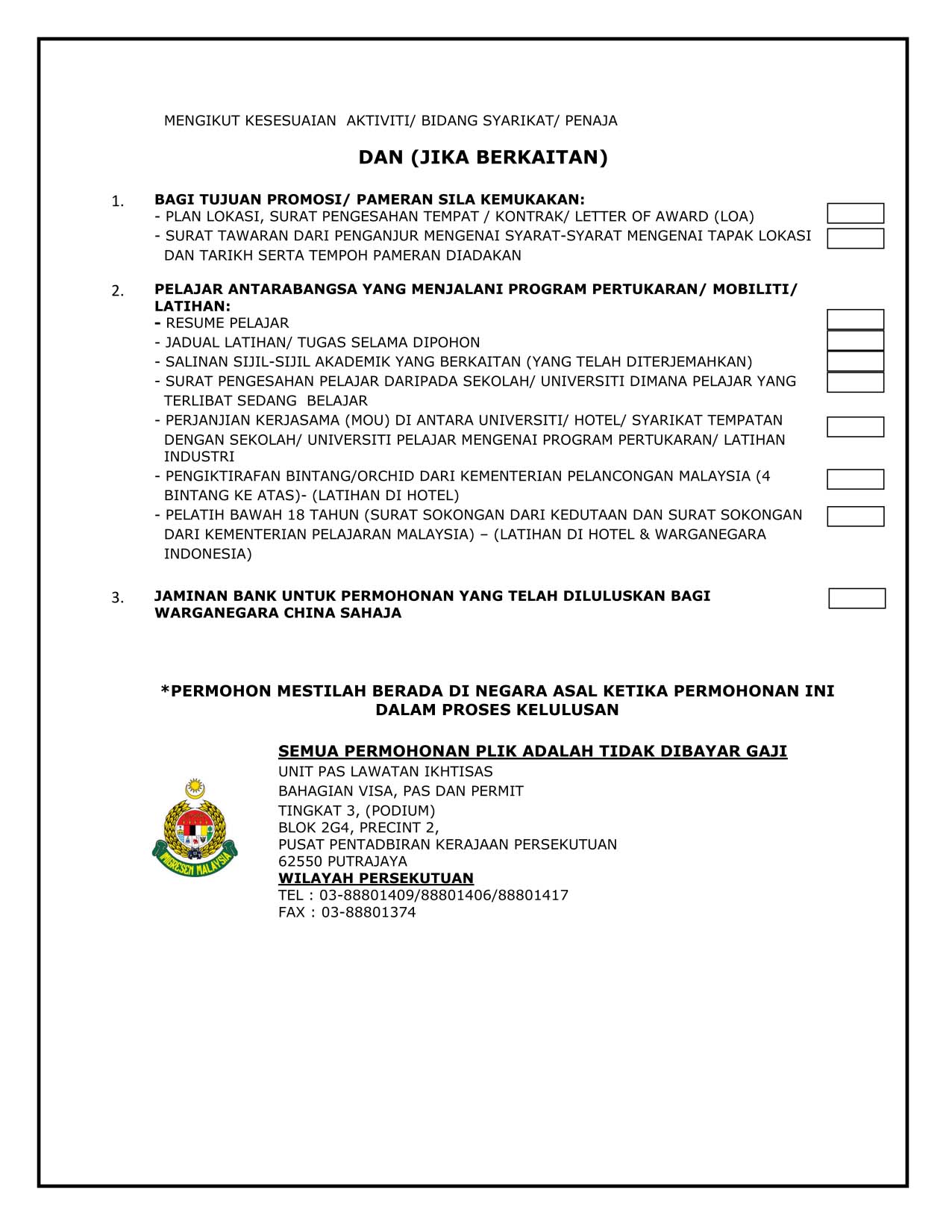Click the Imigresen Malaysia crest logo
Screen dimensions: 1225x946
(195, 828)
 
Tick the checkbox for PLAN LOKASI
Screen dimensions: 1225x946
(855, 213)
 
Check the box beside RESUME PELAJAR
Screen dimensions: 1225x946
(855, 320)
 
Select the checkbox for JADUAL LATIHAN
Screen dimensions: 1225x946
(855, 341)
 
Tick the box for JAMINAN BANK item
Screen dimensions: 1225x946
(856, 599)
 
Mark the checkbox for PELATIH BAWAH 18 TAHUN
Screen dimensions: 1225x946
(855, 517)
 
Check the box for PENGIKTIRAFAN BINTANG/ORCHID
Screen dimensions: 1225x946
(855, 479)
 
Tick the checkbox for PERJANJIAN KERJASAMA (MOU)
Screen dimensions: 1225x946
(855, 427)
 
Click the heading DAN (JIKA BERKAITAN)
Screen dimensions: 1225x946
(483, 158)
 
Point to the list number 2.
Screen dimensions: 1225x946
(117, 291)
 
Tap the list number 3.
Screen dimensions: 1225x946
(117, 598)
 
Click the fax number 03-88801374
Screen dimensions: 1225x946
(369, 912)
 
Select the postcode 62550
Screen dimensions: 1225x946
(300, 861)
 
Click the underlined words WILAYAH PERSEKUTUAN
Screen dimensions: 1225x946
(375, 879)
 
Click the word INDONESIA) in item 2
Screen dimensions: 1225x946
(207, 554)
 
